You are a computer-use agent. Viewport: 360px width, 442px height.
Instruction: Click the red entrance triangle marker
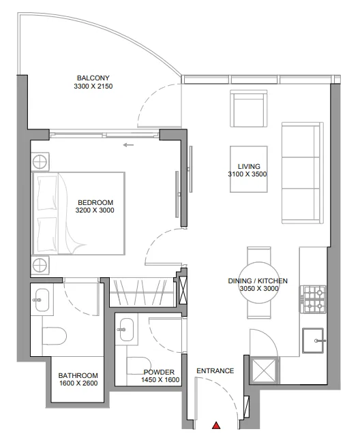tap(216, 426)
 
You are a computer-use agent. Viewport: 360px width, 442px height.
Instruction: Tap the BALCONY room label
tap(93, 78)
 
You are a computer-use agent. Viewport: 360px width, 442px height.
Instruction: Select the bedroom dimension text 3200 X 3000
tap(95, 210)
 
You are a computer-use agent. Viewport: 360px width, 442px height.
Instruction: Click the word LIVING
tap(249, 166)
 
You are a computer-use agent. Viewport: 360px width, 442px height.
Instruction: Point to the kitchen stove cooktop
tap(312, 299)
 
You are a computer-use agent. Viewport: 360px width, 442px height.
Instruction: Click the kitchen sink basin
tap(313, 341)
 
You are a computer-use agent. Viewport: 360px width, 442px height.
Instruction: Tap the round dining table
tap(259, 283)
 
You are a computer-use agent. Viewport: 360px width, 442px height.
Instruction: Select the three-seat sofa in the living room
tap(303, 173)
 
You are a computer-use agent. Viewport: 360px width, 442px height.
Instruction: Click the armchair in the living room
tap(249, 108)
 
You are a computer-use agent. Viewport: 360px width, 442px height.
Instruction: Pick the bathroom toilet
tap(55, 336)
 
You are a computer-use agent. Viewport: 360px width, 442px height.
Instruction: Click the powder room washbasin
tap(126, 330)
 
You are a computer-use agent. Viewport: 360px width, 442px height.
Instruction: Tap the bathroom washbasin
tap(42, 300)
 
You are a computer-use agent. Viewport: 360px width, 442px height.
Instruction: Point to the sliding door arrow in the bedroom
tap(128, 145)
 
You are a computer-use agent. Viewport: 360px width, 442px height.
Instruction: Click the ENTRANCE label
tap(215, 370)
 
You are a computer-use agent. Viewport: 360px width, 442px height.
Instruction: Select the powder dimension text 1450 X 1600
tap(160, 380)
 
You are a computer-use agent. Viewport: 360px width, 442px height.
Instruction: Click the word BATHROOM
tap(78, 375)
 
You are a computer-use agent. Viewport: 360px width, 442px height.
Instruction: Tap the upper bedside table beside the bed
tap(40, 162)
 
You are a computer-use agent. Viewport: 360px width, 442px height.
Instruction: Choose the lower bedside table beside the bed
tap(40, 265)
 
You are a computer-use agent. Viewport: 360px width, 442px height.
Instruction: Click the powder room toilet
tap(138, 366)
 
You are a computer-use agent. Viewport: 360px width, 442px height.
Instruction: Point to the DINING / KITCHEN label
tap(258, 281)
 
